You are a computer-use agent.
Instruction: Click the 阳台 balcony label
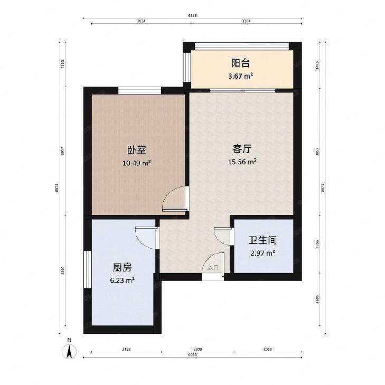pos(240,63)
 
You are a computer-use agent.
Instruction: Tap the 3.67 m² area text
pos(240,76)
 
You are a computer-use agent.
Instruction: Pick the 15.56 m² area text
pos(242,161)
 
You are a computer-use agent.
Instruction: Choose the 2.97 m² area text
pos(262,253)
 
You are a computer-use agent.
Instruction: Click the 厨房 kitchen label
pos(122,267)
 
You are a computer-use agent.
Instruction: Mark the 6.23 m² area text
pos(122,280)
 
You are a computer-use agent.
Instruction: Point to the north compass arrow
pos(69,351)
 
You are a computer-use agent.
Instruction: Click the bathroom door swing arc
pos(222,236)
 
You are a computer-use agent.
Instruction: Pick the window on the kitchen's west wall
pos(88,269)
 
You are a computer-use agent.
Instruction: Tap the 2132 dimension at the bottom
pos(127,350)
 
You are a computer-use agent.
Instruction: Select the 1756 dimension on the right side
pos(317,244)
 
